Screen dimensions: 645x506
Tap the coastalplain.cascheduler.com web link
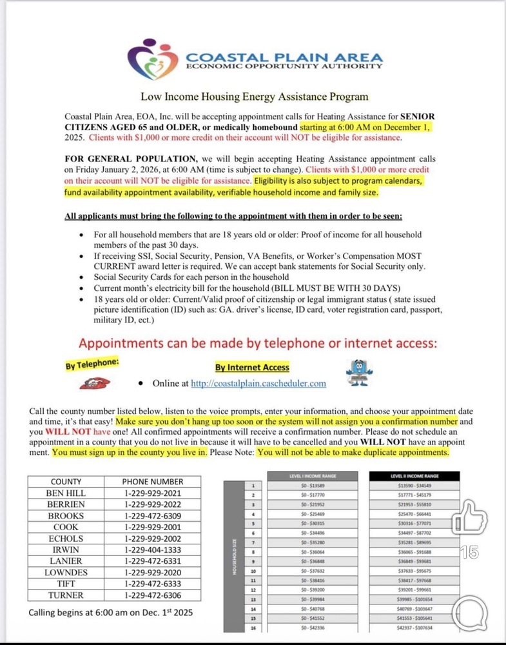pyautogui.click(x=258, y=383)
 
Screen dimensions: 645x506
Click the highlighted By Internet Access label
pyautogui.click(x=252, y=367)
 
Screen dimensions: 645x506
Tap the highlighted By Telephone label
pyautogui.click(x=92, y=364)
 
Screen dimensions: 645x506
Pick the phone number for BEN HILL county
pyautogui.click(x=153, y=492)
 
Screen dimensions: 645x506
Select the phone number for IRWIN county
pyautogui.click(x=153, y=550)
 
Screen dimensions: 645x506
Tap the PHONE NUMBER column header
pyautogui.click(x=153, y=481)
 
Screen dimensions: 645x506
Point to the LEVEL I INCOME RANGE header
pyautogui.click(x=313, y=476)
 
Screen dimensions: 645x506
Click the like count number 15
pyautogui.click(x=470, y=552)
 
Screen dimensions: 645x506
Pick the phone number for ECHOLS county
pyautogui.click(x=153, y=538)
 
